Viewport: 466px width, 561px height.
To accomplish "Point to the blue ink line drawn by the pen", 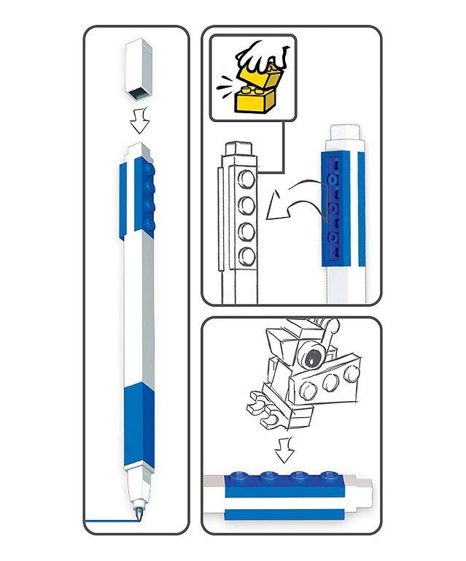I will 109,519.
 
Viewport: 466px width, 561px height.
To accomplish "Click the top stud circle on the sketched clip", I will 249,178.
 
